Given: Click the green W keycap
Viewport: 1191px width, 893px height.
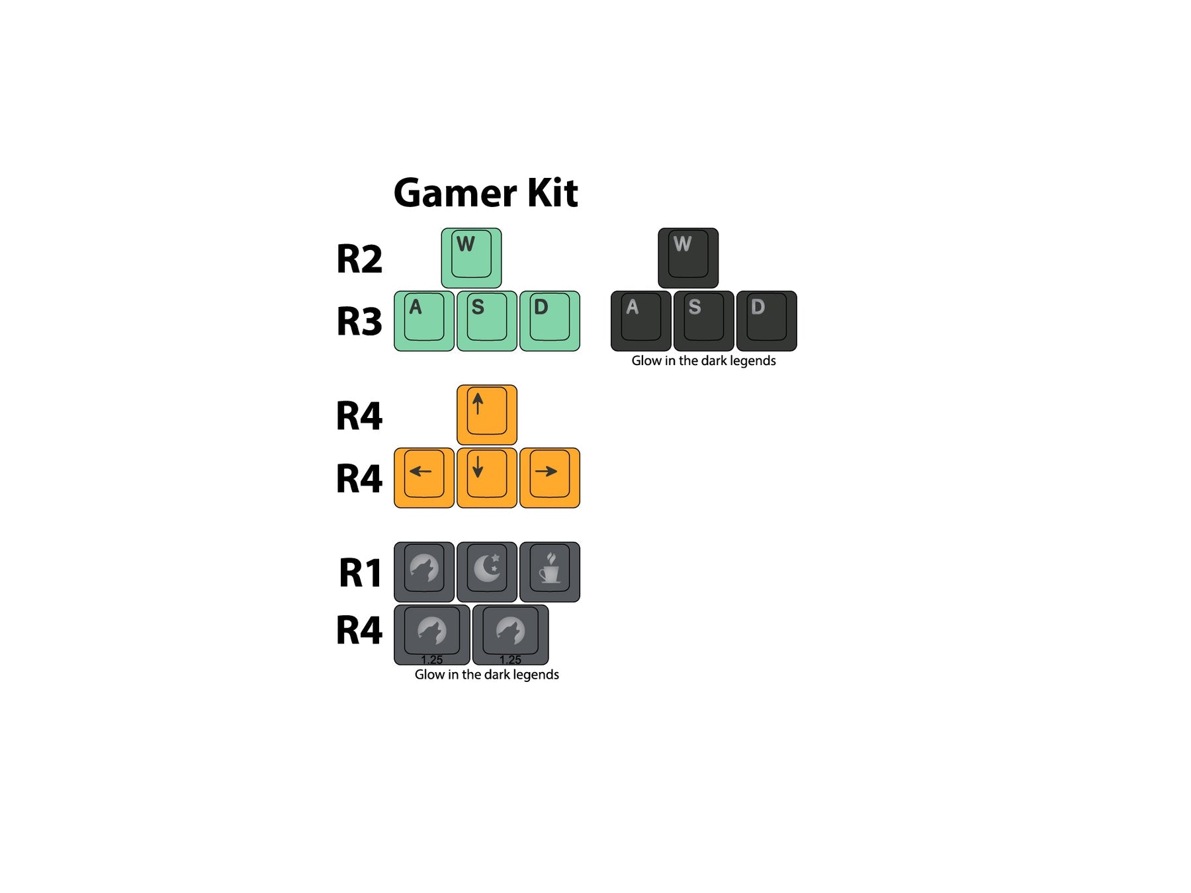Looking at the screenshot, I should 471,258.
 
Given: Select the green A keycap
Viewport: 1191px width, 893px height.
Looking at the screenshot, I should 423,321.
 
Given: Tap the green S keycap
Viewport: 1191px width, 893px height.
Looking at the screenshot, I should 486,321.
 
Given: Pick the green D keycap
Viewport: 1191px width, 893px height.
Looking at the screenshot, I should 549,321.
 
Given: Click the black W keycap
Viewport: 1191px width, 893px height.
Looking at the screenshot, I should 688,258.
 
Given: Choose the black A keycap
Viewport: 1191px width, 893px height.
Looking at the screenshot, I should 640,321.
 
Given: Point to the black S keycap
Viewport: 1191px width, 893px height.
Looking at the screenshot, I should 703,321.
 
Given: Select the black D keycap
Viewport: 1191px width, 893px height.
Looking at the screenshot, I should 766,321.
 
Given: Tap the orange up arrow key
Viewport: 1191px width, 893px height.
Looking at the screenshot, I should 486,415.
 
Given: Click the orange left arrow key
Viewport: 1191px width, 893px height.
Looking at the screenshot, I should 423,478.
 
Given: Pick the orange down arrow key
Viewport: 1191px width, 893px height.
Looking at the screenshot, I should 486,478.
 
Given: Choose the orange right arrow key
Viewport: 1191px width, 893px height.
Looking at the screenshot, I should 549,478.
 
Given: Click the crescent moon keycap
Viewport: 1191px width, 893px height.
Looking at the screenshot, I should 486,572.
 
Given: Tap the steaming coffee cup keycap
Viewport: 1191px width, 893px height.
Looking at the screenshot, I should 549,572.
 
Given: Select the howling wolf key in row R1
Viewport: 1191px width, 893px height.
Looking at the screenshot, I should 423,572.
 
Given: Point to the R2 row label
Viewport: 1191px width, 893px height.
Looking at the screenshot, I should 359,259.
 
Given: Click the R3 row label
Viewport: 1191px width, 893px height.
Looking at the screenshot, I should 359,321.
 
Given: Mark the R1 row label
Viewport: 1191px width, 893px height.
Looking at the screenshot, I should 361,573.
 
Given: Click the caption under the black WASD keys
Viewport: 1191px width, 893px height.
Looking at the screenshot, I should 703,361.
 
